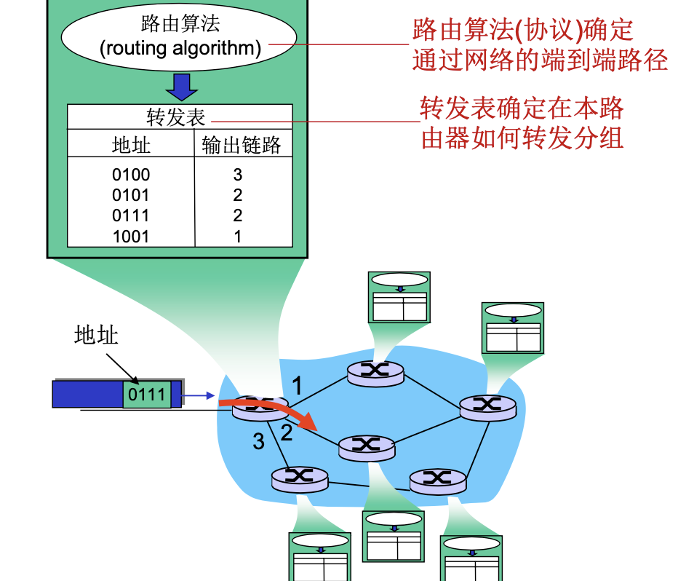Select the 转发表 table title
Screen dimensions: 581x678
pos(176,118)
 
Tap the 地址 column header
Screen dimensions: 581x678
pos(131,145)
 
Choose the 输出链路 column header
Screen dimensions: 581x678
pos(242,145)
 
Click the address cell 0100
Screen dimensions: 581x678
pos(131,175)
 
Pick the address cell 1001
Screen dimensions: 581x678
pos(131,237)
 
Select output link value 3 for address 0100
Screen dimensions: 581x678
pos(238,175)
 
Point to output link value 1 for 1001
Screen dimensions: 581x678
pos(238,237)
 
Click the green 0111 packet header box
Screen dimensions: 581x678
pos(147,395)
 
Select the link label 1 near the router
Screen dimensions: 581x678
pos(296,384)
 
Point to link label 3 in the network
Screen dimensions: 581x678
pos(258,441)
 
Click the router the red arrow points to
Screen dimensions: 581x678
pos(367,445)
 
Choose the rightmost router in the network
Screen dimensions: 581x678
pos(488,407)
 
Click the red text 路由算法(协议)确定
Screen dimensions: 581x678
pos(522,31)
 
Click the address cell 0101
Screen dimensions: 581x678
pos(131,195)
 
